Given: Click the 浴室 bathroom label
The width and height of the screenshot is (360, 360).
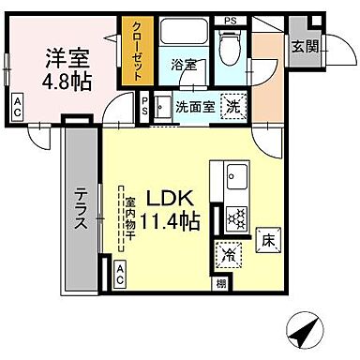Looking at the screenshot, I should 183,65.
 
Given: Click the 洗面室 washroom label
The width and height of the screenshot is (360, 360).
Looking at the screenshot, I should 195,105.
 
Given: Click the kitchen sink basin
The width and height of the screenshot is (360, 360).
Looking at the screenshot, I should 235,175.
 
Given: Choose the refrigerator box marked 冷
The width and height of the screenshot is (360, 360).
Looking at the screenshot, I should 230,253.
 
